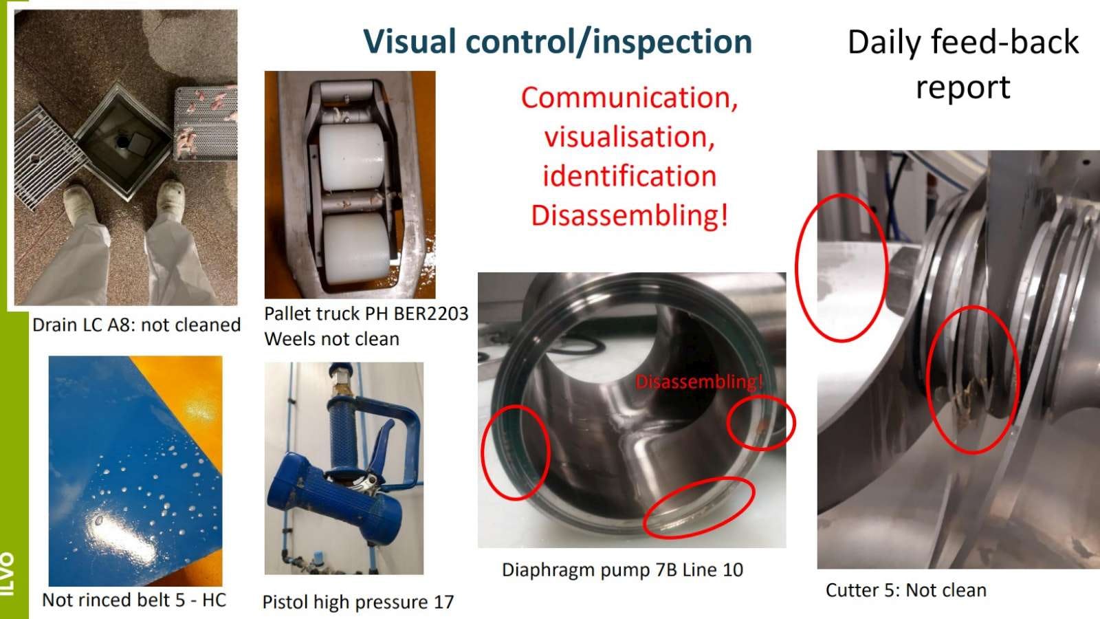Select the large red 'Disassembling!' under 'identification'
click(629, 215)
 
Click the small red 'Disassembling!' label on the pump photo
click(698, 381)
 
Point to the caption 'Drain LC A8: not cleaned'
click(137, 325)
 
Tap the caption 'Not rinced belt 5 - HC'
click(134, 600)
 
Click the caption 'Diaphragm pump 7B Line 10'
click(622, 570)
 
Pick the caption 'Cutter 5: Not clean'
click(906, 590)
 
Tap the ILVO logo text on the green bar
click(8, 574)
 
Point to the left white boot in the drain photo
click(80, 202)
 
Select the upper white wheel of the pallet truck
click(353, 157)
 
